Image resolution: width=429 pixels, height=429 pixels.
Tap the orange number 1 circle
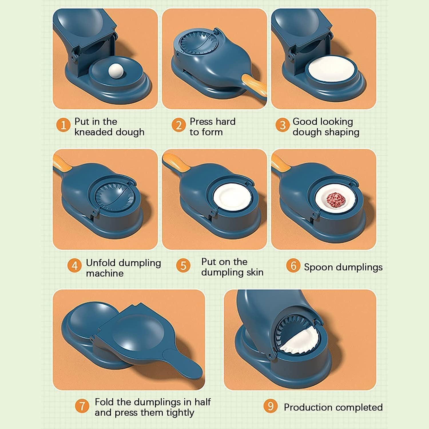click(x=63, y=125)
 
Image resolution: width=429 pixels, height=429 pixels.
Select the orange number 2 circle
click(x=179, y=125)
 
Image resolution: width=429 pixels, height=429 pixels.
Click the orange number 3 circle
click(x=283, y=125)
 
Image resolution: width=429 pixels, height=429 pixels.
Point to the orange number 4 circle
click(x=74, y=266)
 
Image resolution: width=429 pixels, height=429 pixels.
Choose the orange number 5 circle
click(x=183, y=266)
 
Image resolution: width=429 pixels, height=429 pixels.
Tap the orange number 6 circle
click(x=293, y=266)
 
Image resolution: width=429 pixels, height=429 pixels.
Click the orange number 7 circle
click(x=82, y=406)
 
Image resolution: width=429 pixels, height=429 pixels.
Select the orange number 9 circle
click(x=270, y=406)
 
